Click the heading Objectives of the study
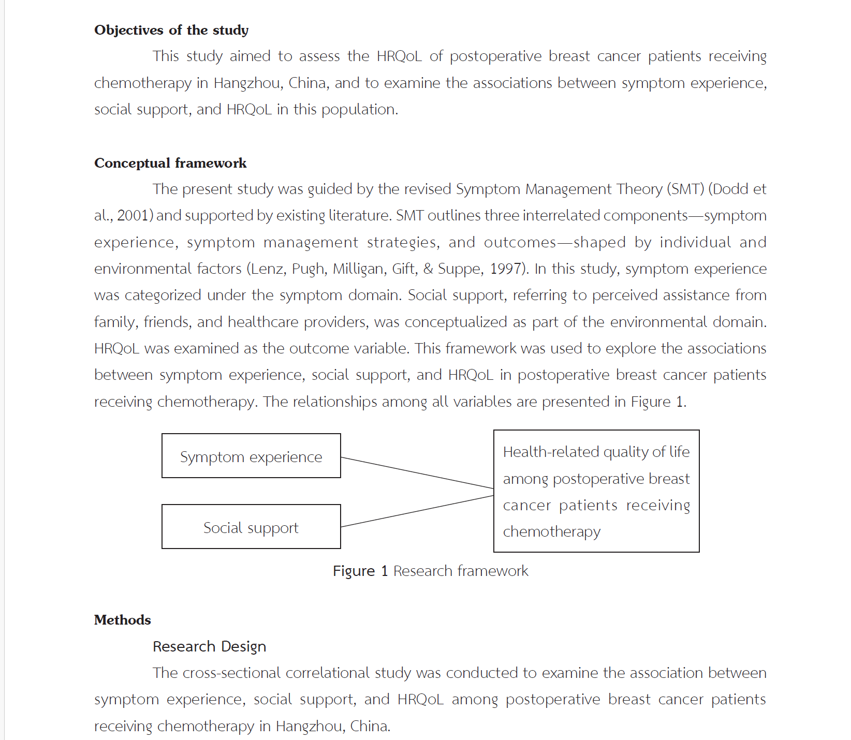(x=171, y=30)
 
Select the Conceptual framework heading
(x=170, y=163)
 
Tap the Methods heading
(x=123, y=620)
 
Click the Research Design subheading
(x=209, y=646)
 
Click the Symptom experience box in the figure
(x=251, y=456)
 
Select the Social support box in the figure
(x=251, y=527)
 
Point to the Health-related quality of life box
(x=596, y=491)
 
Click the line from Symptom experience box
(x=417, y=473)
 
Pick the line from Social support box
(x=417, y=511)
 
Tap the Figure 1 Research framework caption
(x=430, y=571)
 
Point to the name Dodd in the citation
(x=731, y=189)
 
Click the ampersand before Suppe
(x=428, y=269)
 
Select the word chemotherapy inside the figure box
(x=552, y=531)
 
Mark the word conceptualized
(x=456, y=322)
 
